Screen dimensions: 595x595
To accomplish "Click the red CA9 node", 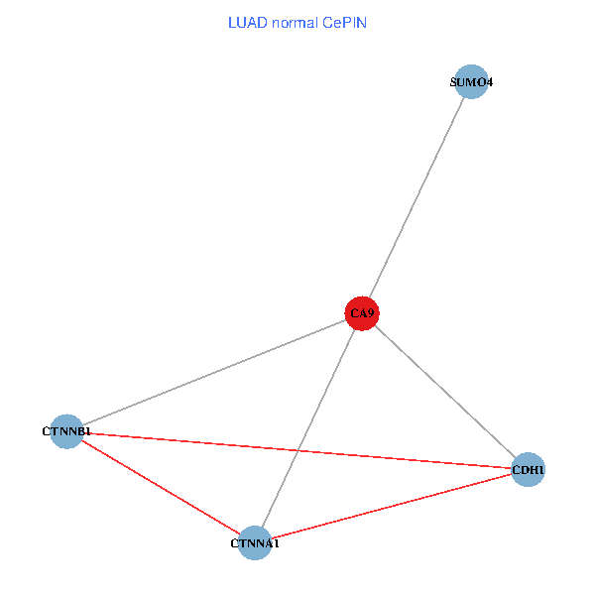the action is tap(362, 313).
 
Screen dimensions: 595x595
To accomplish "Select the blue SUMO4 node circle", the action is tap(470, 82).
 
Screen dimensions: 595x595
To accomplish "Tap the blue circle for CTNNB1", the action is tap(66, 431).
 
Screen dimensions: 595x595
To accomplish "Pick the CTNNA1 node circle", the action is tap(256, 542).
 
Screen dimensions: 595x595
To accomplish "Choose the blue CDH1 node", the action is tap(529, 469).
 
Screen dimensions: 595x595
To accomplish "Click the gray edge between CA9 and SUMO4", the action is tap(416, 197).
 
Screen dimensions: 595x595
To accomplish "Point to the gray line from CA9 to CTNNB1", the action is tap(214, 372).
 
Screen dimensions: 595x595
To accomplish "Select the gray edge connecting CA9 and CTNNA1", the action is tap(308, 428).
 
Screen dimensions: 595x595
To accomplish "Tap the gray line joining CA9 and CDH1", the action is tap(445, 391).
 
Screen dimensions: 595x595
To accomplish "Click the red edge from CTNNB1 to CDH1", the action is tap(297, 450).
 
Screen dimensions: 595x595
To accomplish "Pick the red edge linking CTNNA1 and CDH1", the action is tap(392, 506).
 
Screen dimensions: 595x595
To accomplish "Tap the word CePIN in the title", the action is tap(344, 23).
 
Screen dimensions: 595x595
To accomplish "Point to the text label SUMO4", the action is tap(471, 82).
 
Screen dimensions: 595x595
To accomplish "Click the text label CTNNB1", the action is tap(66, 432).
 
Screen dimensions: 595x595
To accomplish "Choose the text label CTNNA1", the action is tap(256, 543).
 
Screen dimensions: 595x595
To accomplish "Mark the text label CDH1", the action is tap(529, 469).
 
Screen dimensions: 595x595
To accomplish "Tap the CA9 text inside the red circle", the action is tap(362, 314).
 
